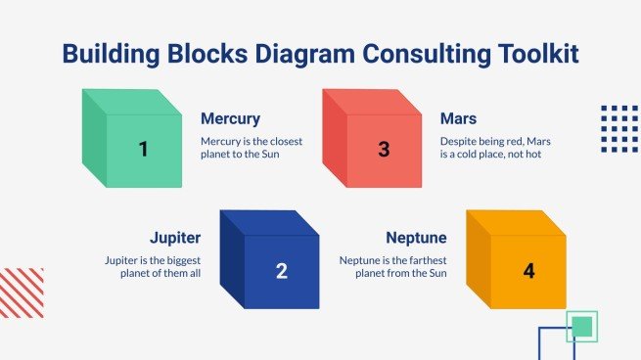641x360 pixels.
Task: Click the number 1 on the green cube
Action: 144,150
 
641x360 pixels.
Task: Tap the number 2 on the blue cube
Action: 281,271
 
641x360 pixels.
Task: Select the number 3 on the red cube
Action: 384,150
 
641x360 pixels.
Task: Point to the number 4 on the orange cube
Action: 529,271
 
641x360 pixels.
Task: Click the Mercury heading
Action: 230,119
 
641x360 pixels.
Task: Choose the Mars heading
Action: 458,119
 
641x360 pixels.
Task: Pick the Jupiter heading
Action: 175,238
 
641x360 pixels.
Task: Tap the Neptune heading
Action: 416,238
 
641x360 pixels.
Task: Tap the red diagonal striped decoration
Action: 22,292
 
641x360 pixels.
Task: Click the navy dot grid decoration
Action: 618,128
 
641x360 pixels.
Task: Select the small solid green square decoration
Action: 582,326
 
